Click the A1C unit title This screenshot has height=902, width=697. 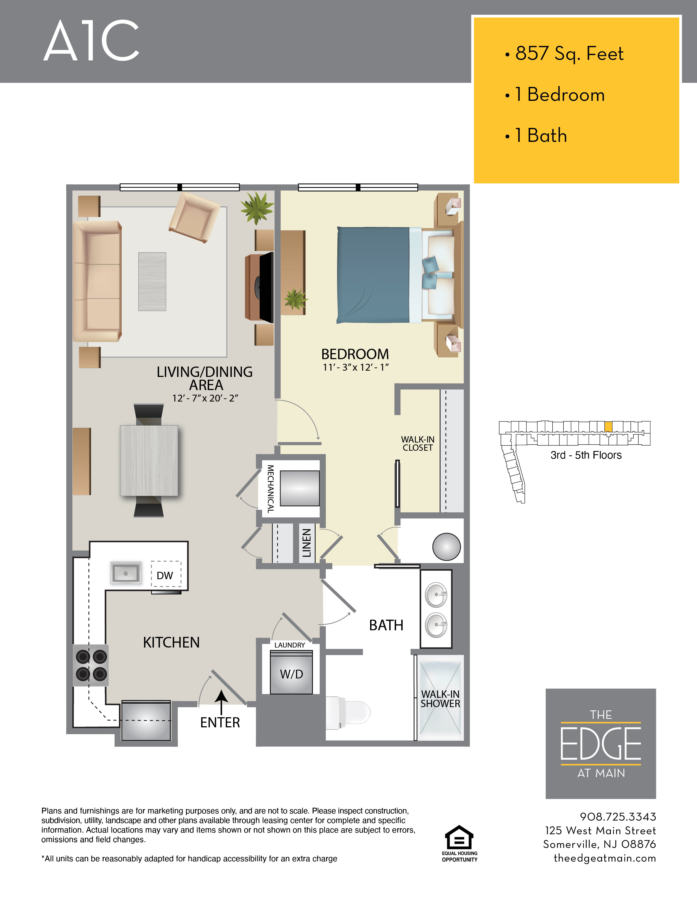91,41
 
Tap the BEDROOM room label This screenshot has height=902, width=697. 355,354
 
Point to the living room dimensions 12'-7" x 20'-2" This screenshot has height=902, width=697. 205,398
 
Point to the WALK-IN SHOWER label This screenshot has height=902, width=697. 440,699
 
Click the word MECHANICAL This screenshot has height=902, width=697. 270,489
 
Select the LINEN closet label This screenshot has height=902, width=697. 306,543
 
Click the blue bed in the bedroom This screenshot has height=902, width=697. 374,275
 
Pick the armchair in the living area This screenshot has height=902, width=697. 194,217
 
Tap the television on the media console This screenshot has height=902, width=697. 265,287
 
